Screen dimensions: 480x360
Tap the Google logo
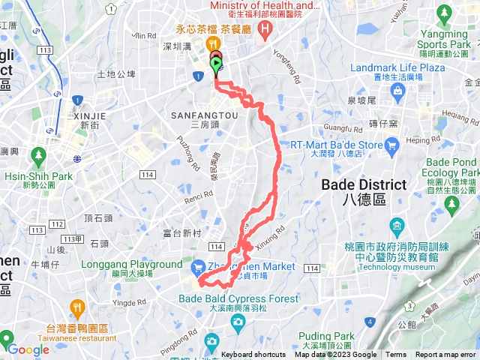28,349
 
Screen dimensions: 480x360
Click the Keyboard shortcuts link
253,355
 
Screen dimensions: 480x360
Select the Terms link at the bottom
396,355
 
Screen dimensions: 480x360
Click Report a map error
445,355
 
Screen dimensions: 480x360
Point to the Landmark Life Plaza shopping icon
397,91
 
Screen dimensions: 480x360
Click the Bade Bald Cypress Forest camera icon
238,322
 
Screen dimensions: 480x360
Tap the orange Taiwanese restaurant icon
77,307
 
